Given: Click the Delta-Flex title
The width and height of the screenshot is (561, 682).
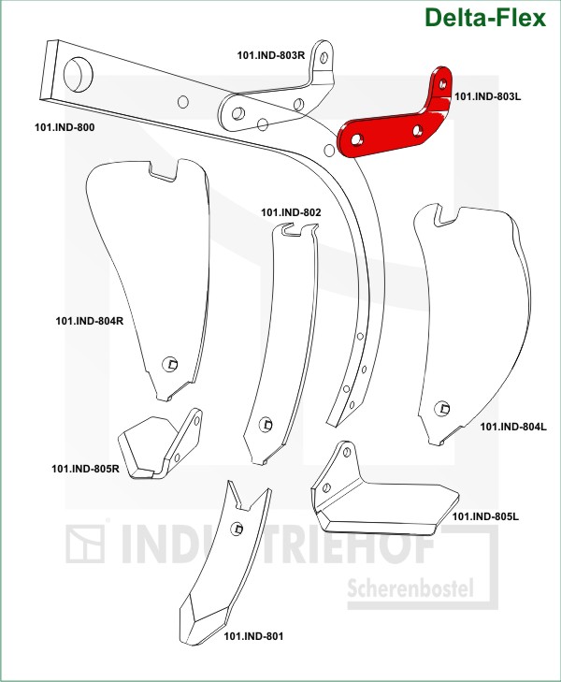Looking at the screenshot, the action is click(485, 18).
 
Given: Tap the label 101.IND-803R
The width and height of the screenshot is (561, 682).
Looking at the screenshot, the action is click(271, 55).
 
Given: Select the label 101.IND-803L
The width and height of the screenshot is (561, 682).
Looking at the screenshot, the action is click(487, 96).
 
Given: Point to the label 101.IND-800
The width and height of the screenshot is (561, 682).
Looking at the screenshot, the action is click(65, 127).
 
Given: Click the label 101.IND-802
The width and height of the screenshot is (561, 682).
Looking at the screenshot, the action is click(291, 212).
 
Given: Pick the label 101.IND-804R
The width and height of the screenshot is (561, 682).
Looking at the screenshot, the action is click(90, 321).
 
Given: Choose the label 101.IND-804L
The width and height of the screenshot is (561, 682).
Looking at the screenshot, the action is click(513, 427).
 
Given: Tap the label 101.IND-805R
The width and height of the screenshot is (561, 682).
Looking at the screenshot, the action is click(85, 469).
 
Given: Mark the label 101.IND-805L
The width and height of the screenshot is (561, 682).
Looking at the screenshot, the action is click(485, 516).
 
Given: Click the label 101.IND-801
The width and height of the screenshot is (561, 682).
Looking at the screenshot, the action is click(253, 636).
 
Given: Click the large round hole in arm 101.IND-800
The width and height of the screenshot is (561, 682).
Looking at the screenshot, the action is click(79, 74).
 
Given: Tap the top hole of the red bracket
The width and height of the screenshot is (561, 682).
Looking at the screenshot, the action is click(442, 84).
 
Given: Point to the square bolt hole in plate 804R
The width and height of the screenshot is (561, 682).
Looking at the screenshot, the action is click(170, 364).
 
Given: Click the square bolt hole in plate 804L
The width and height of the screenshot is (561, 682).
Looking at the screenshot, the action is click(442, 408).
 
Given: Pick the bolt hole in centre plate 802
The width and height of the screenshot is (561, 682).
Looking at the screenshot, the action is click(266, 425).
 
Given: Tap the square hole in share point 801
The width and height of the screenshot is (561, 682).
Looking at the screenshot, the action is click(237, 529).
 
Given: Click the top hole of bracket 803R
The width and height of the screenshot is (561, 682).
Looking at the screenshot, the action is click(324, 58).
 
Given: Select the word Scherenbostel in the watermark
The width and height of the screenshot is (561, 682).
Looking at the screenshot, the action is click(410, 589).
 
